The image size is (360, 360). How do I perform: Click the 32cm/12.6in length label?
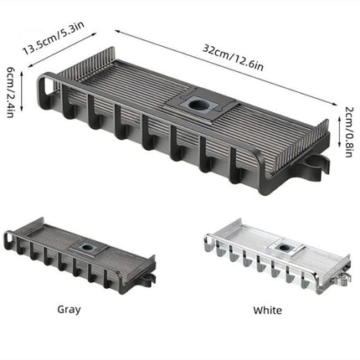[233, 58]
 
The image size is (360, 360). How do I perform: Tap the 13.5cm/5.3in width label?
[54, 38]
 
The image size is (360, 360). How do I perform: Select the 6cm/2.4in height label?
[10, 92]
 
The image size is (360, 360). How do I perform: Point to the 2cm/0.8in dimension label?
[349, 131]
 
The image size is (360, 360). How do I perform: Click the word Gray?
[69, 310]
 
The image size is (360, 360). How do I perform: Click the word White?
[267, 310]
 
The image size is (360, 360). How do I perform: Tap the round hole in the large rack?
[198, 105]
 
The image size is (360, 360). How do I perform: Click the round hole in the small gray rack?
[87, 247]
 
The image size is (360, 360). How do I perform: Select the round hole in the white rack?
[285, 247]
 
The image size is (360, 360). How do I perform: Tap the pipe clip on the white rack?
[344, 279]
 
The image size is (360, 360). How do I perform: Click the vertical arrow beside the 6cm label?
[22, 91]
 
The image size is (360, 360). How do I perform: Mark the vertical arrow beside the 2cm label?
[339, 132]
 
